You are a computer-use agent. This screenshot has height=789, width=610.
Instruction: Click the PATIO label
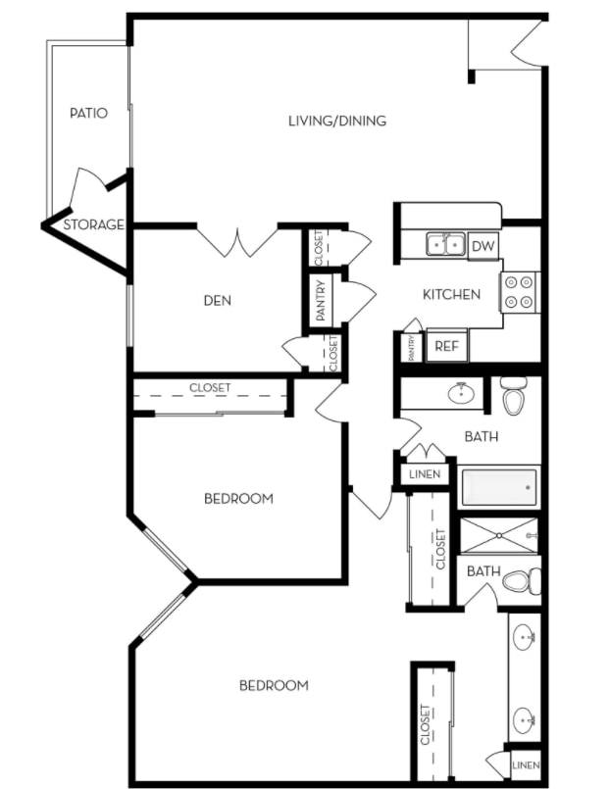pyautogui.click(x=88, y=113)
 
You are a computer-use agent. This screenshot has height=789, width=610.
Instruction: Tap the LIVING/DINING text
pyautogui.click(x=337, y=122)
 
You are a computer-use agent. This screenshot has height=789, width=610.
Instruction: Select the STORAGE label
pyautogui.click(x=94, y=224)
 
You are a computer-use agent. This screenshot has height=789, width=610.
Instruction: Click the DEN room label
pyautogui.click(x=218, y=300)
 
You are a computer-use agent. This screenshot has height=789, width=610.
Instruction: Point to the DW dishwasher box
pyautogui.click(x=483, y=245)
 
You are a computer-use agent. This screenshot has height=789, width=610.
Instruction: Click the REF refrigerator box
pyautogui.click(x=447, y=346)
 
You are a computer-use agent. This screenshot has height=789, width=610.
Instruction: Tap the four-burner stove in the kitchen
pyautogui.click(x=521, y=290)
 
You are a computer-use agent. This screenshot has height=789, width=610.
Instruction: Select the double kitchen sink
pyautogui.click(x=445, y=244)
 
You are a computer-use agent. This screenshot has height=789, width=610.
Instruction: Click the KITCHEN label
pyautogui.click(x=451, y=294)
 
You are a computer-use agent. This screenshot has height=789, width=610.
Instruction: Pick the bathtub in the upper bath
pyautogui.click(x=500, y=485)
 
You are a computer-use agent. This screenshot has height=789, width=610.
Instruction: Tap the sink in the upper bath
pyautogui.click(x=459, y=394)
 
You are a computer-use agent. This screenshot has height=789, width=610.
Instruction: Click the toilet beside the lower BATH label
pyautogui.click(x=521, y=581)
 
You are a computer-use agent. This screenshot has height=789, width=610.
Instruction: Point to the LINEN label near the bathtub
pyautogui.click(x=425, y=475)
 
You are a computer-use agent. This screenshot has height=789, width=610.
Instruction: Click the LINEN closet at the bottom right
pyautogui.click(x=526, y=764)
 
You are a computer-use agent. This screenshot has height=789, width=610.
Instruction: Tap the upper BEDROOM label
pyautogui.click(x=238, y=499)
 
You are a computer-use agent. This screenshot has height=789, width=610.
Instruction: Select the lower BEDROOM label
pyautogui.click(x=274, y=685)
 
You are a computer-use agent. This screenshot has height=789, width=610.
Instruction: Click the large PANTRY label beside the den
pyautogui.click(x=322, y=300)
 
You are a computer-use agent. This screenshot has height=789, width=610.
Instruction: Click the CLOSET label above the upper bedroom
pyautogui.click(x=210, y=388)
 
